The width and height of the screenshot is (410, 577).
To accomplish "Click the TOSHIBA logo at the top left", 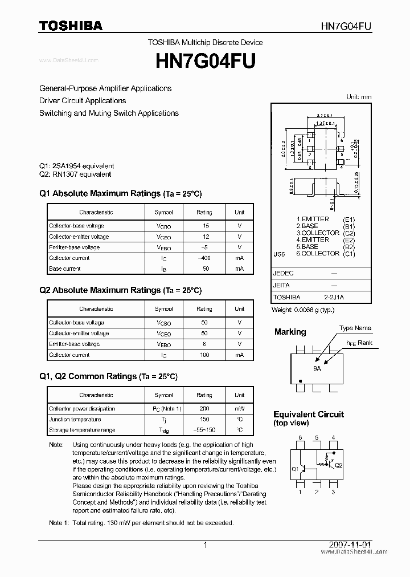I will pos(71,26).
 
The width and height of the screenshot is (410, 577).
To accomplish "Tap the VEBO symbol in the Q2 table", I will pos(163,344).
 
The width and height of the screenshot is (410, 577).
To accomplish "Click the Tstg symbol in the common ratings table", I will pos(163,430).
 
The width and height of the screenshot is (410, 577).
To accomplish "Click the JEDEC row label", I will pos(284,273).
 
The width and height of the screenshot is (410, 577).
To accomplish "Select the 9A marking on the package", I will pos(317,369).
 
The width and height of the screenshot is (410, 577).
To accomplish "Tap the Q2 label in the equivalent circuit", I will pos(339,465).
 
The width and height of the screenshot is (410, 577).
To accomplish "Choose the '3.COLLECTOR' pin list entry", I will pos(317,233).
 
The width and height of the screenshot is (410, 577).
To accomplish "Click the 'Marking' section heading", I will pos(290,332).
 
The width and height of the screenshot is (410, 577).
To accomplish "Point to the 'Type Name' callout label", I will pos(355,328).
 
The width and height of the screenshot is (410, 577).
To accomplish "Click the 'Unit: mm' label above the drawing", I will pos(359,97).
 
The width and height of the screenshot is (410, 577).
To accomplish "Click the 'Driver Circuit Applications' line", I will pos(83,101).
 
